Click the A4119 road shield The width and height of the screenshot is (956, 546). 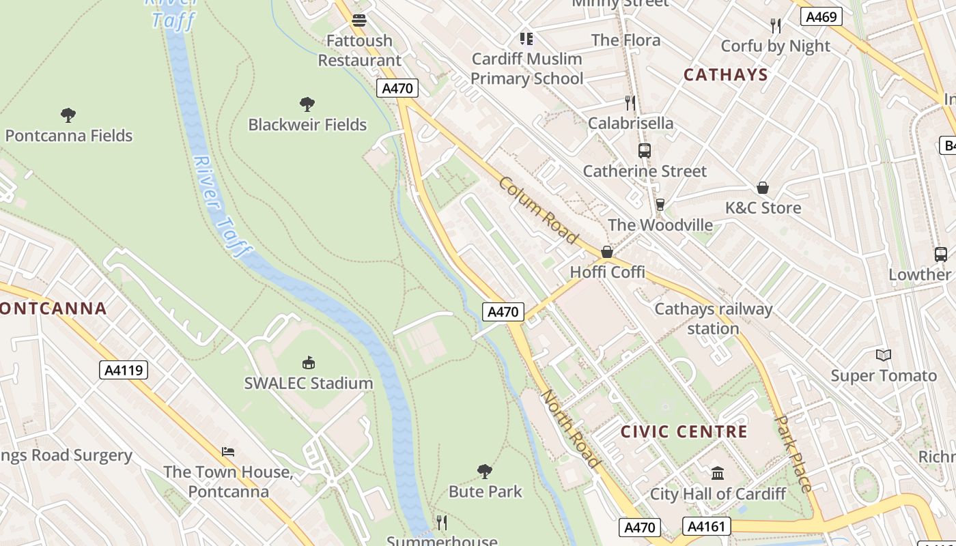pyautogui.click(x=124, y=371)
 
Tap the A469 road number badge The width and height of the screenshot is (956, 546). pyautogui.click(x=820, y=16)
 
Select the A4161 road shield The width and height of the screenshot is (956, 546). pyautogui.click(x=706, y=526)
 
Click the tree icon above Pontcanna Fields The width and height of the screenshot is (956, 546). pyautogui.click(x=68, y=115)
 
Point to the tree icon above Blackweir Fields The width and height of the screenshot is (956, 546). pyautogui.click(x=307, y=104)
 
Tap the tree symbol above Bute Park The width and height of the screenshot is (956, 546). pyautogui.click(x=485, y=471)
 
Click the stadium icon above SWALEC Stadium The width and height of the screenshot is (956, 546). pyautogui.click(x=309, y=362)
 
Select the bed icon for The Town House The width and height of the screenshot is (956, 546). pyautogui.click(x=228, y=452)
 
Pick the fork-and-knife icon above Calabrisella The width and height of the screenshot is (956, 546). pyautogui.click(x=630, y=103)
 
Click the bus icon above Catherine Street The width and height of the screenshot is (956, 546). pyautogui.click(x=644, y=151)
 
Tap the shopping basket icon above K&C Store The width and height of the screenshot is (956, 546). pyautogui.click(x=763, y=188)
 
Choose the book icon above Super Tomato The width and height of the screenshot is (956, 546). pyautogui.click(x=884, y=355)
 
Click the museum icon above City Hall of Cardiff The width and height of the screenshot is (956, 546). pyautogui.click(x=717, y=473)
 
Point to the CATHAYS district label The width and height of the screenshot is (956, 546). pyautogui.click(x=725, y=75)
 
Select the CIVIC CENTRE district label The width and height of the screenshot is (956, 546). pyautogui.click(x=684, y=432)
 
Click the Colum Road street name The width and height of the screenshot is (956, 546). pyautogui.click(x=538, y=210)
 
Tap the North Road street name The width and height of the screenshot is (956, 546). pyautogui.click(x=571, y=429)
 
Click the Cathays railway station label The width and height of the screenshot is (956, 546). pyautogui.click(x=713, y=319)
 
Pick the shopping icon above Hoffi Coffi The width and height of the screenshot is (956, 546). pyautogui.click(x=606, y=253)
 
